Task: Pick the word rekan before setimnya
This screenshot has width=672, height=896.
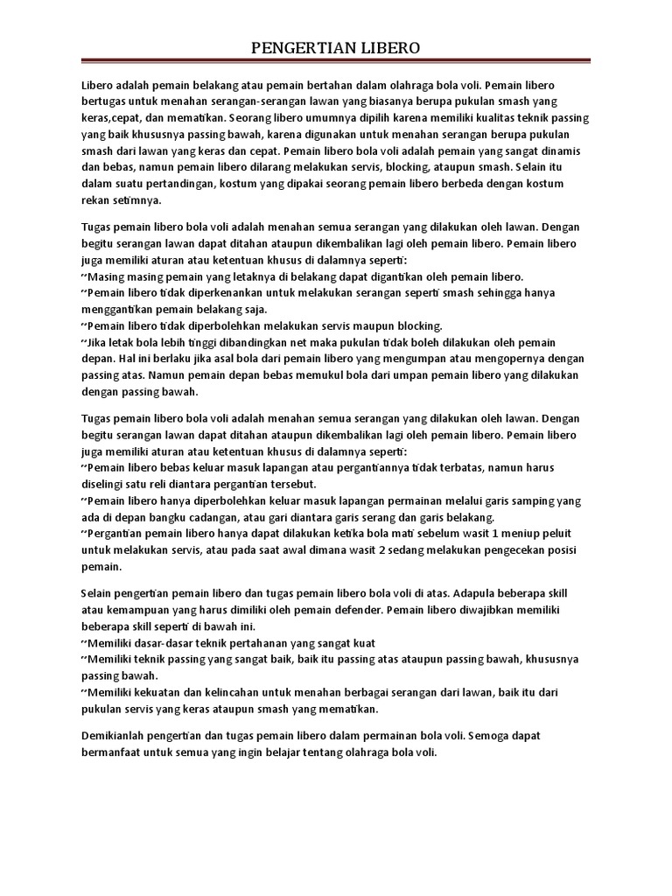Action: pyautogui.click(x=94, y=199)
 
